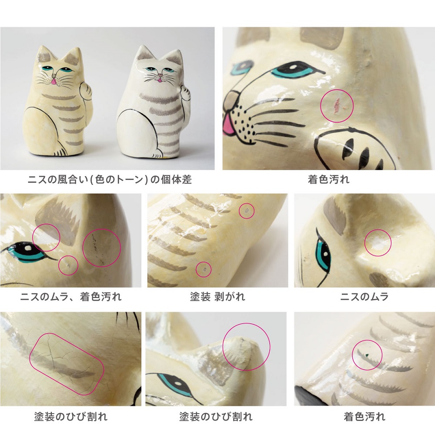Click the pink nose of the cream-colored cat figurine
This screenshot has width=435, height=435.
pyautogui.click(x=53, y=81)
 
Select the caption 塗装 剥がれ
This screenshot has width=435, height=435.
pyautogui.click(x=217, y=297)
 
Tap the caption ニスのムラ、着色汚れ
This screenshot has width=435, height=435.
pyautogui.click(x=71, y=297)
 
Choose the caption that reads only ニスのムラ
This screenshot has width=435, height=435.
pyautogui.click(x=364, y=297)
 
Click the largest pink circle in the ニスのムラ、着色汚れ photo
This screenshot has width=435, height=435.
pyautogui.click(x=101, y=248)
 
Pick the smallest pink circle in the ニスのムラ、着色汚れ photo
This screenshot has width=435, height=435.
pyautogui.click(x=68, y=265)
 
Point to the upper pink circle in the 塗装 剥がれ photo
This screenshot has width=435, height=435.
pyautogui.click(x=247, y=211)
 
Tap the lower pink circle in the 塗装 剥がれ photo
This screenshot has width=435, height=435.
pyautogui.click(x=203, y=269)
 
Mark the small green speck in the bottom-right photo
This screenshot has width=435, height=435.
pyautogui.click(x=366, y=355)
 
